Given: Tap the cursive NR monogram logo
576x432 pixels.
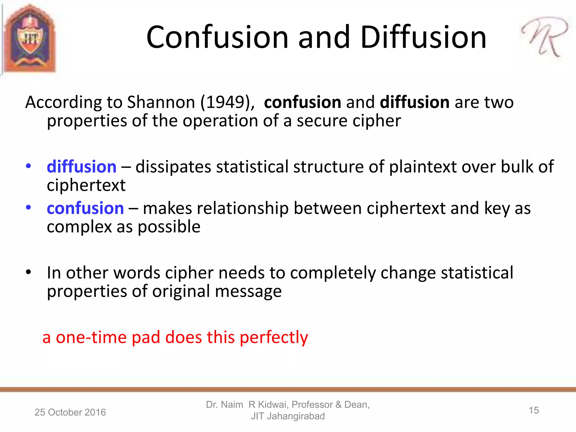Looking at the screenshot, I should point(544,37).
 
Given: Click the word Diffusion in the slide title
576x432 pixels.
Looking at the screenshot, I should point(423,37).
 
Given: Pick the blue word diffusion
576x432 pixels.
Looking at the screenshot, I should point(82,166).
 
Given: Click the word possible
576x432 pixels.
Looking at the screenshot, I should point(169,227).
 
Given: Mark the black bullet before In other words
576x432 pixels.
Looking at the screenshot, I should point(28,272).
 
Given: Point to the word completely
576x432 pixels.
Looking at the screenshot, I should point(333,273).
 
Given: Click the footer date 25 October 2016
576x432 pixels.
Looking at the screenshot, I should point(70,412).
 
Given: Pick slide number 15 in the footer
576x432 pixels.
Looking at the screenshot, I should point(534,410).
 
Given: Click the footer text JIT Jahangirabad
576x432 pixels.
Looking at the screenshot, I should point(288,416).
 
